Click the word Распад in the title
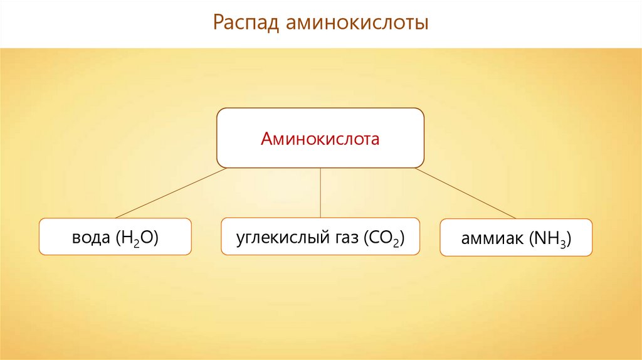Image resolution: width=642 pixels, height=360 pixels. pos(245,24)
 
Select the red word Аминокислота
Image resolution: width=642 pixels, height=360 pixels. pos(320,138)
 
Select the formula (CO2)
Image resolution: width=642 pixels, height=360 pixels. pos(382,238)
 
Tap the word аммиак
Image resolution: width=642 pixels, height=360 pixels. pos(492,238)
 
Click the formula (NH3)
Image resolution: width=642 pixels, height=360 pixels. pos(550,239)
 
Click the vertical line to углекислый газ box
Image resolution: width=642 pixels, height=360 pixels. pos(320,193)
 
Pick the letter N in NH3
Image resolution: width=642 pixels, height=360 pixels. pos(541,238)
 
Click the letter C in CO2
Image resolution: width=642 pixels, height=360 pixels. pos(373,237)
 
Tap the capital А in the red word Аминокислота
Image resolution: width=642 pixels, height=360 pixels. pos(266,138)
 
